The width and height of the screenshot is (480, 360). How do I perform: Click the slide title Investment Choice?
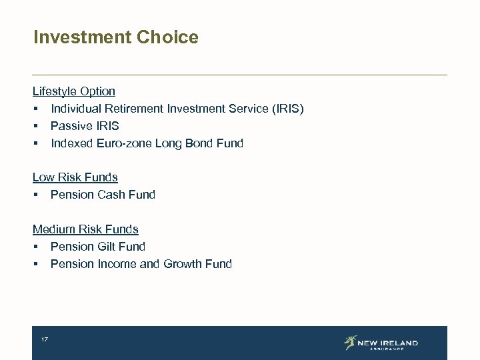pos(115,37)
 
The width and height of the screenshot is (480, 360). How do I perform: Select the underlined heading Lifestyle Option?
pos(73,91)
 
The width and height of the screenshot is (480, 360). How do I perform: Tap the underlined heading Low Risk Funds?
pos(75,177)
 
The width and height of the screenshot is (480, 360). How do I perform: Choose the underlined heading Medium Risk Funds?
pos(85,229)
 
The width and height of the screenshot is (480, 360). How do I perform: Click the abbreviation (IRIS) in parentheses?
pos(288,109)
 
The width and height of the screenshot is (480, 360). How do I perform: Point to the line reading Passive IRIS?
pos(85,126)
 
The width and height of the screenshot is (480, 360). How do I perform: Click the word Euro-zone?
pos(125,143)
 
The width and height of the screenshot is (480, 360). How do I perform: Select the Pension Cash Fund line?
pos(103,195)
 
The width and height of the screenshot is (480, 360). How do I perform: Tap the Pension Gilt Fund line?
pos(97,247)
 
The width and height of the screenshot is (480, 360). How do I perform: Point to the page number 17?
pos(45,340)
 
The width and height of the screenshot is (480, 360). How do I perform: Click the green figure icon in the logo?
pos(350,343)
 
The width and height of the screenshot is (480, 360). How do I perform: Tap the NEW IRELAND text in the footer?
pos(387,343)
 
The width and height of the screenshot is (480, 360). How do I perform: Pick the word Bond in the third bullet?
pos(199,143)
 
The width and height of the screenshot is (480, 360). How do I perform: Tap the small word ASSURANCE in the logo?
pos(387,349)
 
